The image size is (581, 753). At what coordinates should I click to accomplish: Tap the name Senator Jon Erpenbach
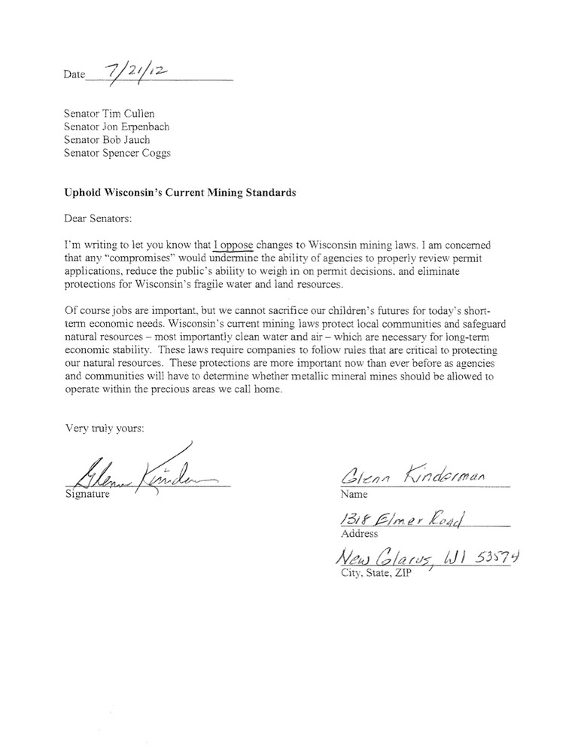(x=117, y=127)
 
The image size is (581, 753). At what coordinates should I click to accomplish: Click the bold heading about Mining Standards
(x=170, y=192)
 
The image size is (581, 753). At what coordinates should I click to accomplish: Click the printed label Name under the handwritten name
(x=354, y=495)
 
